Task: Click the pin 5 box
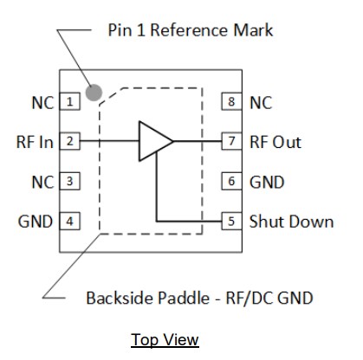click(x=230, y=222)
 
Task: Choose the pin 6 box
click(x=230, y=182)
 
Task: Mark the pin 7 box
click(x=230, y=142)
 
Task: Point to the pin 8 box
click(x=230, y=102)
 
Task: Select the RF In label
click(x=35, y=142)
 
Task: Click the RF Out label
click(x=275, y=142)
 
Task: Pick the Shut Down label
click(x=291, y=222)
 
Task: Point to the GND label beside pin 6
click(x=267, y=182)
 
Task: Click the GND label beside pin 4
click(x=36, y=222)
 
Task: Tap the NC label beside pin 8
click(x=261, y=102)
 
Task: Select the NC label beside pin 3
click(x=42, y=182)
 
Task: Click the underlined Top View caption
click(x=165, y=339)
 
